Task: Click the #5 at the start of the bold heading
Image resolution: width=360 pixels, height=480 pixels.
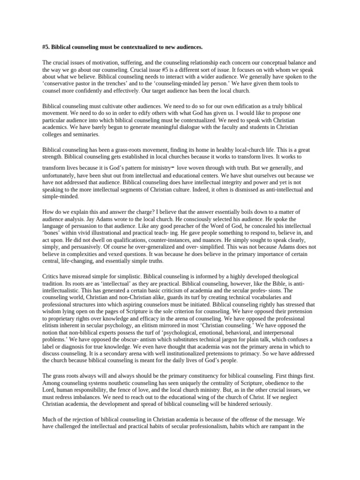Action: pos(45,47)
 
